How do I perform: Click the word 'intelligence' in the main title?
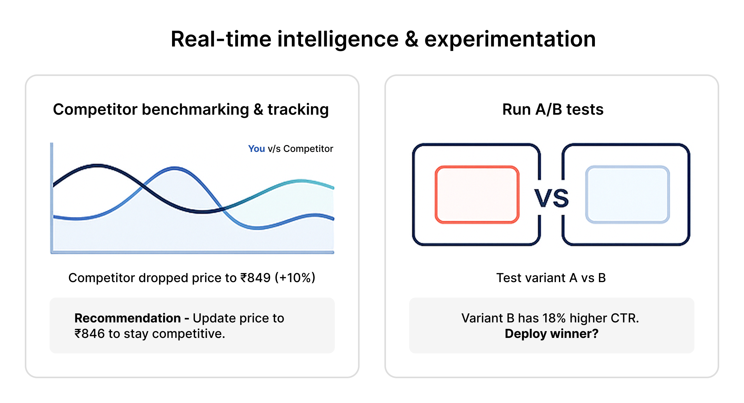coord(338,40)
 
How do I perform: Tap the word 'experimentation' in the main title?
coord(510,40)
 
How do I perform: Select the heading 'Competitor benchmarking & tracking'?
coord(191,110)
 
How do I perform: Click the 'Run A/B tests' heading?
coord(553,109)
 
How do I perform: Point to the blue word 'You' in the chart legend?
coord(256,149)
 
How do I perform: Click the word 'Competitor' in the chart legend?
coord(308,149)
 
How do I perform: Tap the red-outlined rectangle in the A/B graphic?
coord(477,194)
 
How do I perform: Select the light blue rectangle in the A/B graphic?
coord(628,194)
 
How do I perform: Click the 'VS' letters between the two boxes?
coord(551,198)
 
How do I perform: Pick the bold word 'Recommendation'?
coord(128,318)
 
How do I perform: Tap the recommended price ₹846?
coord(90,334)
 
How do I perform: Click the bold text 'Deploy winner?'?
coord(551,334)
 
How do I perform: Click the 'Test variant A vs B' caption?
coord(551,278)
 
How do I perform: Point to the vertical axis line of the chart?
coord(52,198)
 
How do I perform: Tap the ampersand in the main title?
coord(411,40)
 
